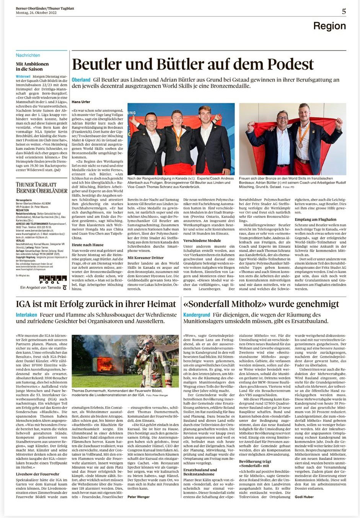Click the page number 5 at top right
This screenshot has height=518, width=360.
[344, 11]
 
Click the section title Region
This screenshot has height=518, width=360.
[329, 26]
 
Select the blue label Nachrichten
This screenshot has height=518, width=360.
[28, 55]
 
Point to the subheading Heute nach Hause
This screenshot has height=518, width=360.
[87, 245]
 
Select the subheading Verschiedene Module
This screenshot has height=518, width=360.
[202, 240]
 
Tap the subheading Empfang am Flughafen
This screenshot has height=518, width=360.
[315, 219]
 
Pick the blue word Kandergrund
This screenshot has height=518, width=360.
[196, 315]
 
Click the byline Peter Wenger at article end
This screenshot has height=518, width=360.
[138, 497]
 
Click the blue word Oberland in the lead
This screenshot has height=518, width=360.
[81, 80]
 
